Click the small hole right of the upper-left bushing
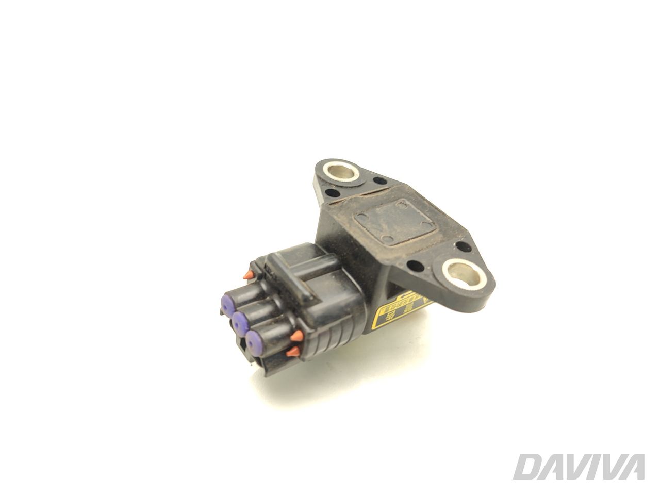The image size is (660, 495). (x=380, y=181)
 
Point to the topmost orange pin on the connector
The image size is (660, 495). (x=249, y=274)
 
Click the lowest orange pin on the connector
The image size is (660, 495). (x=291, y=352)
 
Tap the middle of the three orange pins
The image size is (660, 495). (x=296, y=336)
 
